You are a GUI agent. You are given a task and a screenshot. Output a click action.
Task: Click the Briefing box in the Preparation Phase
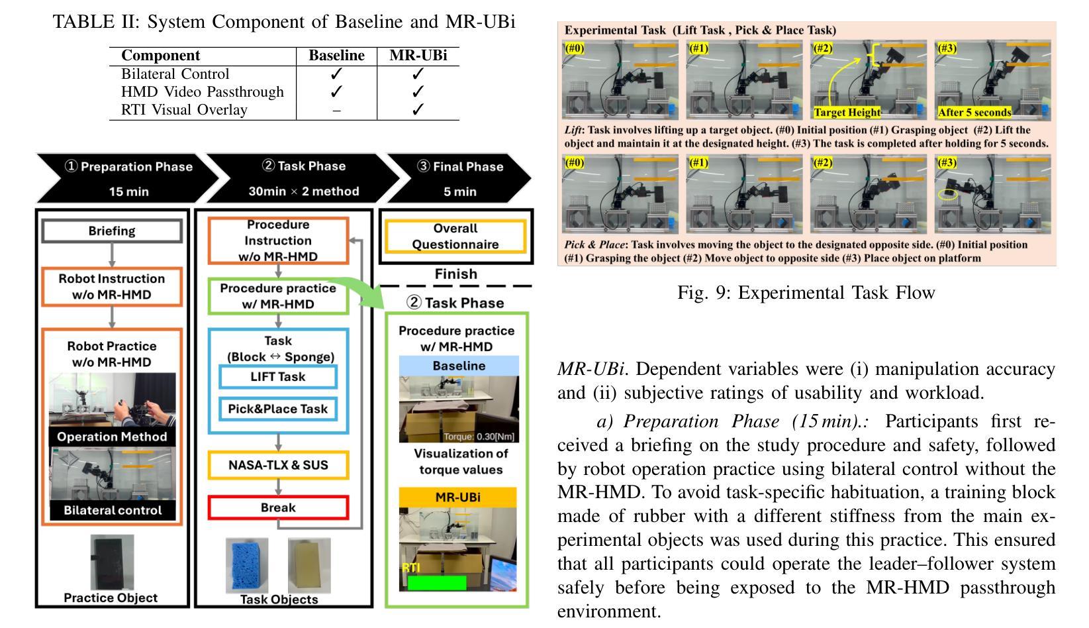[x=112, y=231]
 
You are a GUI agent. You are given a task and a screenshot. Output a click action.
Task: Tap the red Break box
[x=278, y=507]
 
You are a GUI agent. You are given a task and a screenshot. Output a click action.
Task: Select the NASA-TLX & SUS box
[x=278, y=465]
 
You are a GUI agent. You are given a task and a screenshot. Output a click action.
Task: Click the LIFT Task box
[x=278, y=377]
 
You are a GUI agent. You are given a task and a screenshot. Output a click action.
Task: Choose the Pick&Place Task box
[x=278, y=409]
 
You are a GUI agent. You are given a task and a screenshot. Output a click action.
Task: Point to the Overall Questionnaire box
[x=455, y=236]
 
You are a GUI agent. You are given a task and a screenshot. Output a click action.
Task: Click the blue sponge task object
[x=248, y=565]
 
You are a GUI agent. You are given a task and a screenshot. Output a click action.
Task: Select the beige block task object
[x=309, y=565]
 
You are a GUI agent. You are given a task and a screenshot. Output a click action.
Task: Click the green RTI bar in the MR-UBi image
[x=437, y=583]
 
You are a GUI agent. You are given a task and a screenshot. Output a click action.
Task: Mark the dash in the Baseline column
[x=336, y=111]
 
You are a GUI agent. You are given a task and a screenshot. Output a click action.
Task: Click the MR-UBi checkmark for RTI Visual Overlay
[x=418, y=110]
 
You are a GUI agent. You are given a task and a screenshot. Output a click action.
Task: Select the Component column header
[x=161, y=56]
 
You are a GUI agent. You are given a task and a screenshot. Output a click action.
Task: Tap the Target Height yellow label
[x=847, y=113]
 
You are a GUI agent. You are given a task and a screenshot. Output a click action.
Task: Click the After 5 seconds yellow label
[x=974, y=113]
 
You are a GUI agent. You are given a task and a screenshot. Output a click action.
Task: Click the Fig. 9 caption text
[x=806, y=292]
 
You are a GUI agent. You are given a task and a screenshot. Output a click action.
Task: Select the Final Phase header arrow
[x=459, y=178]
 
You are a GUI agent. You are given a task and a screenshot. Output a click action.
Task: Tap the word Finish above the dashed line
[x=455, y=274]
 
